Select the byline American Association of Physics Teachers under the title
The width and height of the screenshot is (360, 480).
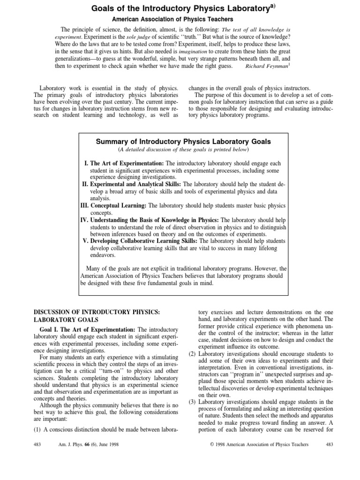tap(180, 19)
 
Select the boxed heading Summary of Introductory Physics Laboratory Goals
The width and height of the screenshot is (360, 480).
tap(183, 141)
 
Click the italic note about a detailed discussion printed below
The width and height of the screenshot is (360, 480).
tap(183, 150)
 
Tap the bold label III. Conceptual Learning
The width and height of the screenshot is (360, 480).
tap(112, 206)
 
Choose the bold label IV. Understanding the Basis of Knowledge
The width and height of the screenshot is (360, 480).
tap(148, 220)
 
